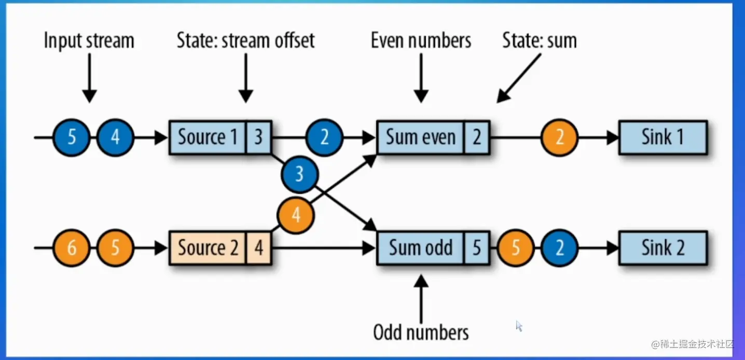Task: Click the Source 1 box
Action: [208, 137]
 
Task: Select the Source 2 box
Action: [208, 248]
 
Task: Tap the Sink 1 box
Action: [663, 137]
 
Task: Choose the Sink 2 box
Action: [663, 248]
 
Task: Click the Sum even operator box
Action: [421, 137]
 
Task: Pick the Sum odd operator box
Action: [421, 248]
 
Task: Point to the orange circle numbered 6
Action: [72, 248]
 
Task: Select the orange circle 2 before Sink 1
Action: [559, 137]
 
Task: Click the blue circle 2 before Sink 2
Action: [559, 248]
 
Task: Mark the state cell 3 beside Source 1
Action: [258, 137]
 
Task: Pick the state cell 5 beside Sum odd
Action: [477, 248]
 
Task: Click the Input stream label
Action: [89, 40]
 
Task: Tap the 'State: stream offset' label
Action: [245, 40]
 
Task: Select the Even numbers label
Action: [421, 40]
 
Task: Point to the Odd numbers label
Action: [421, 333]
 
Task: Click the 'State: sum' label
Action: [539, 40]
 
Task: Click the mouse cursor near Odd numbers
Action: [519, 326]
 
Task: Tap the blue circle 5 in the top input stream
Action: [72, 137]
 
